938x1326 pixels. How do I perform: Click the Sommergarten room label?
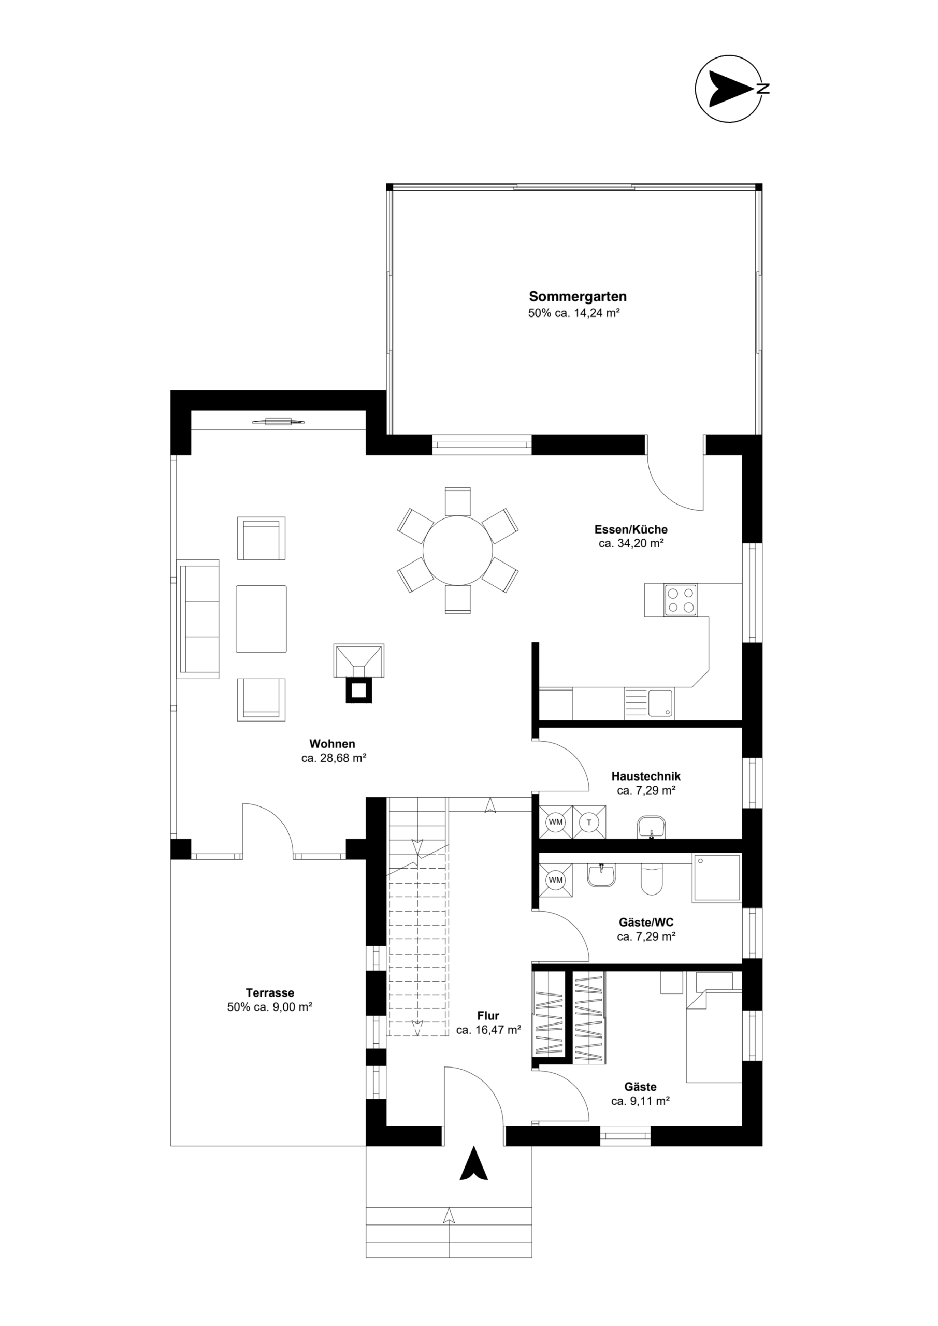(x=578, y=297)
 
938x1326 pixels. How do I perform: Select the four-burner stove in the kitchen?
(x=681, y=600)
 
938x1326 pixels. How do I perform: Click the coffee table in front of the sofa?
(x=261, y=619)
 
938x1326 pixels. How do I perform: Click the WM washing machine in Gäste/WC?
(x=556, y=880)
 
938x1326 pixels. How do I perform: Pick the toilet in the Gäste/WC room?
(x=652, y=880)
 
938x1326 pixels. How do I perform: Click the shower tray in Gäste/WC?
(x=716, y=878)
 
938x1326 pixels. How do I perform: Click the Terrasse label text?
(x=270, y=993)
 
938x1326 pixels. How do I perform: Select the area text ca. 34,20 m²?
(x=631, y=543)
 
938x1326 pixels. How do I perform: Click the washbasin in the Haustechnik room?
(x=652, y=827)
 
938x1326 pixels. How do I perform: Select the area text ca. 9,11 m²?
(x=640, y=1101)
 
